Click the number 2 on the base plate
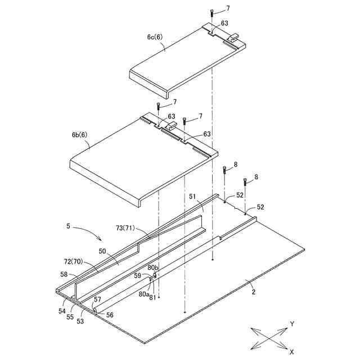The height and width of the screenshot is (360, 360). [253, 292]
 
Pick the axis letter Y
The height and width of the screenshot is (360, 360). [292, 323]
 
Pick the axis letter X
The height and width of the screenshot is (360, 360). [291, 352]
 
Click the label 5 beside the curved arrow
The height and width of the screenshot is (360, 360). [68, 227]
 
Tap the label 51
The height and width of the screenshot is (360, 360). [192, 197]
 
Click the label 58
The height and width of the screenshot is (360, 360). [65, 275]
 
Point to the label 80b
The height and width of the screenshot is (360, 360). [153, 268]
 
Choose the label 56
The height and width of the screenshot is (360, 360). [110, 315]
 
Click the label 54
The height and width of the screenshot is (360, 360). [62, 310]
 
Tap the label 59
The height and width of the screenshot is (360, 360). [137, 276]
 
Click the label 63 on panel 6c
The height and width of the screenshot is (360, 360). [224, 23]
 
